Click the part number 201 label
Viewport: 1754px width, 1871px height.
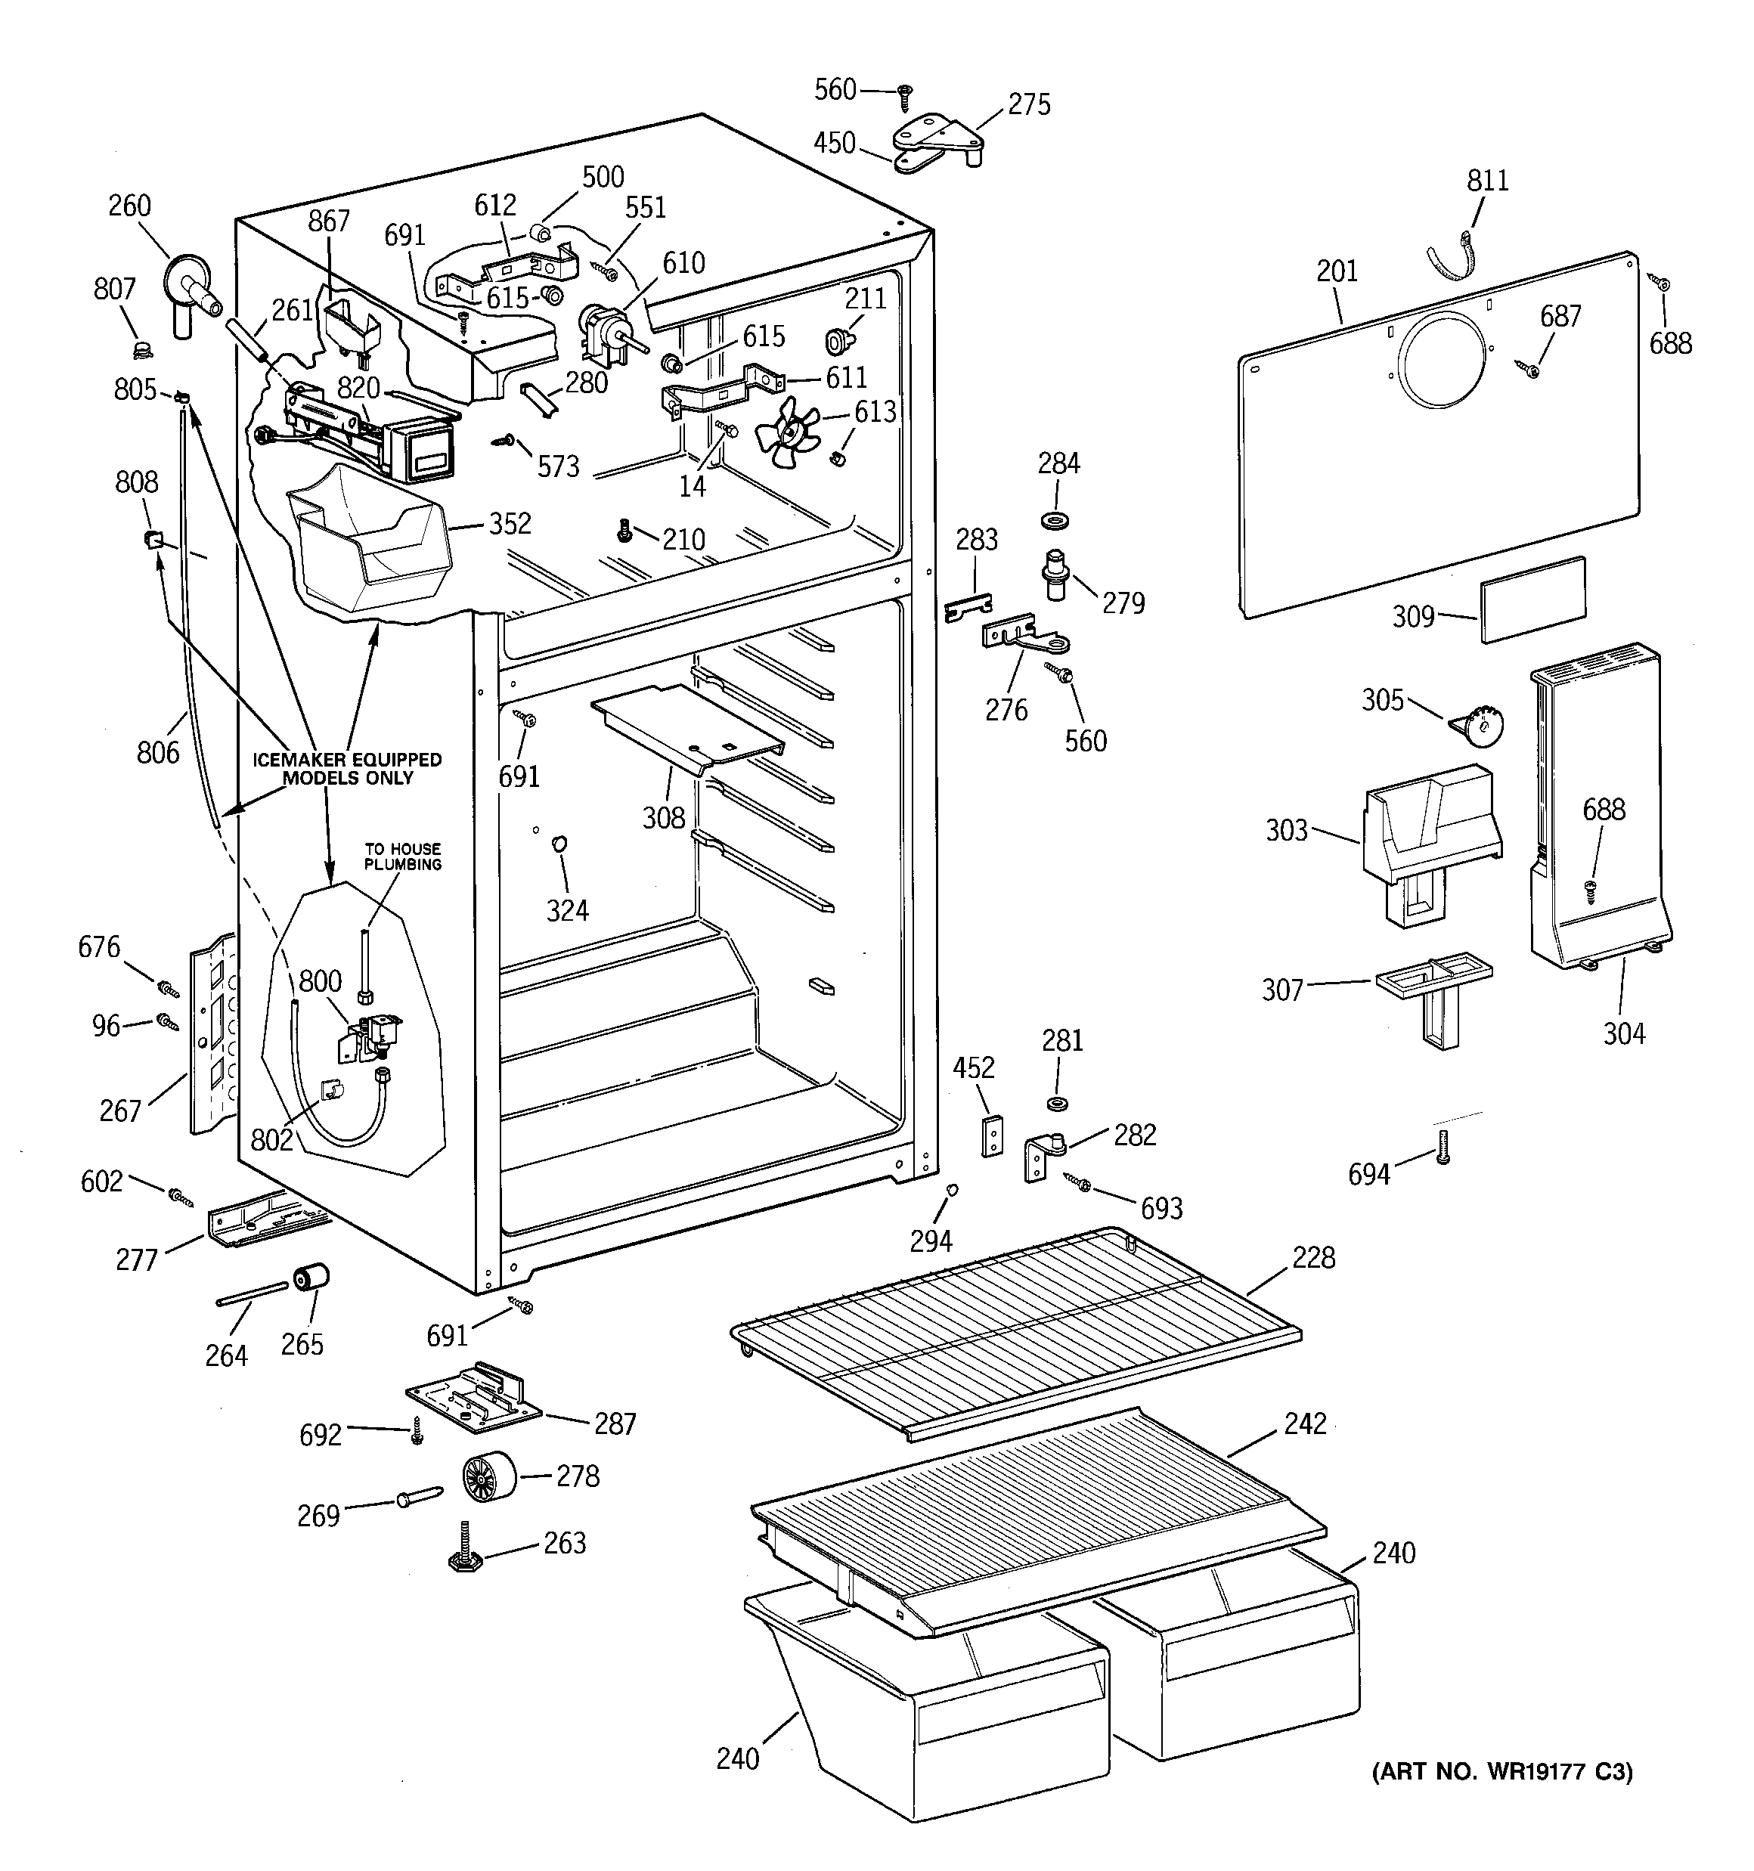click(1337, 272)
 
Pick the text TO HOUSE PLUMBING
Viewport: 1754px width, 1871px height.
click(403, 857)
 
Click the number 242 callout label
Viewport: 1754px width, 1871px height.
click(1305, 1423)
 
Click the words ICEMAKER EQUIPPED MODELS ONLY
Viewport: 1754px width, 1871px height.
click(348, 768)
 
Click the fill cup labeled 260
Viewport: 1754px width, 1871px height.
click(188, 287)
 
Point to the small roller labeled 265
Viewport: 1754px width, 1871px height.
click(311, 1281)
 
